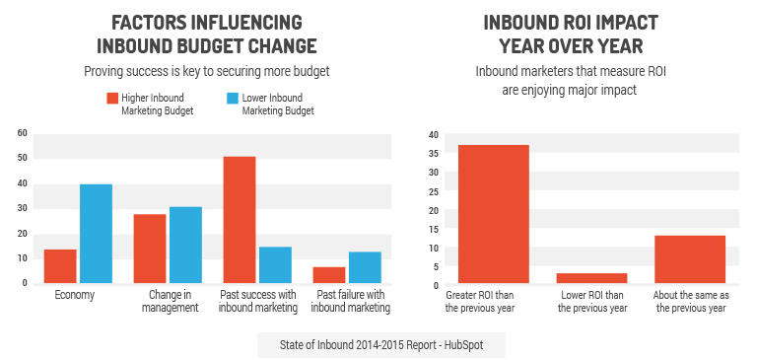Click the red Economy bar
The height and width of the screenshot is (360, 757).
pyautogui.click(x=60, y=266)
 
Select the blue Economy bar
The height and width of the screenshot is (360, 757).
pyautogui.click(x=96, y=234)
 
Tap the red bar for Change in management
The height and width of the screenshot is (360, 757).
pyautogui.click(x=150, y=249)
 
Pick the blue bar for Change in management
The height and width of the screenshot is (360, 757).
pyautogui.click(x=185, y=246)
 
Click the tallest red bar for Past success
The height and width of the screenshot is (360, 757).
pyautogui.click(x=240, y=220)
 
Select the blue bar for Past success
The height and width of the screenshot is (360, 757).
pyautogui.click(x=275, y=265)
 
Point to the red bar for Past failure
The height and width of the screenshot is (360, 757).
pyautogui.click(x=329, y=275)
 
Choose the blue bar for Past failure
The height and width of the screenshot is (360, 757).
pyautogui.click(x=365, y=267)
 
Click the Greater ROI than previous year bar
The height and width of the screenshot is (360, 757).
pyautogui.click(x=493, y=215)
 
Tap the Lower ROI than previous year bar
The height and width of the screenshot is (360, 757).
pyautogui.click(x=591, y=279)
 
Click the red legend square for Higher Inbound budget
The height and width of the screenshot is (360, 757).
pyautogui.click(x=112, y=99)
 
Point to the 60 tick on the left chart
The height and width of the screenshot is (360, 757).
pyautogui.click(x=23, y=132)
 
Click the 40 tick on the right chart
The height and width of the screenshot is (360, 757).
pyautogui.click(x=432, y=134)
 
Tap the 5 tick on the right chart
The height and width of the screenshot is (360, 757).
pyautogui.click(x=434, y=267)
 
